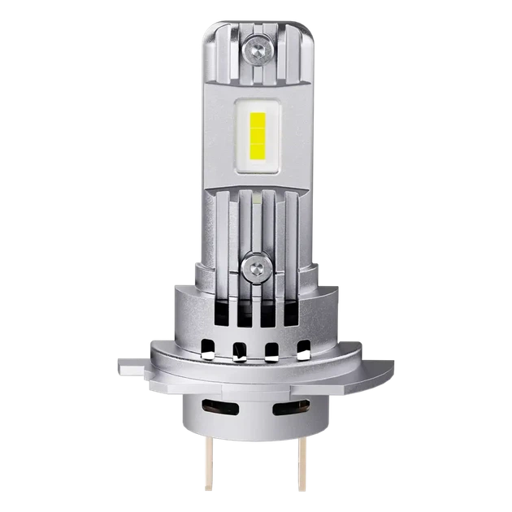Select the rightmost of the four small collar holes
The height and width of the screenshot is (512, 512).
(x=304, y=351)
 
